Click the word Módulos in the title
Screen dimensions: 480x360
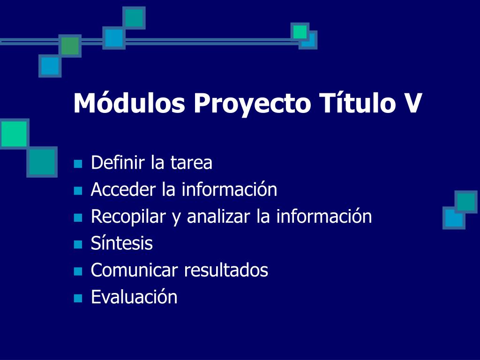click(x=129, y=103)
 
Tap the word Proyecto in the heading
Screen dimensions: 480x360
click(x=252, y=105)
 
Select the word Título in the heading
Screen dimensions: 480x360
click(x=357, y=103)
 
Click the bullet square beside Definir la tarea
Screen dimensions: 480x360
click(x=78, y=164)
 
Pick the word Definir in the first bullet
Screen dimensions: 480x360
click(x=118, y=162)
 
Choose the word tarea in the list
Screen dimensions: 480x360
click(x=191, y=163)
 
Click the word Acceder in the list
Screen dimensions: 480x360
click(x=123, y=189)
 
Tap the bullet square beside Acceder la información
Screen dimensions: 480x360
click(x=78, y=191)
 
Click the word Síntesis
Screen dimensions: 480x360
click(x=122, y=243)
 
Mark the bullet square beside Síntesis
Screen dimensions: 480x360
click(x=78, y=244)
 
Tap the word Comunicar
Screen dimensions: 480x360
click(x=135, y=270)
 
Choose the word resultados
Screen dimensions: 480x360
click(x=226, y=270)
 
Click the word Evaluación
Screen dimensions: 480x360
click(x=134, y=297)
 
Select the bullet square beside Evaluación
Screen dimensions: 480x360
click(x=78, y=298)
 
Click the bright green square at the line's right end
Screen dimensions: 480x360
click(x=300, y=32)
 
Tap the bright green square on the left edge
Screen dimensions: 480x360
click(x=14, y=134)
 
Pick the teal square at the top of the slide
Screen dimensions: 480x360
click(x=134, y=18)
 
